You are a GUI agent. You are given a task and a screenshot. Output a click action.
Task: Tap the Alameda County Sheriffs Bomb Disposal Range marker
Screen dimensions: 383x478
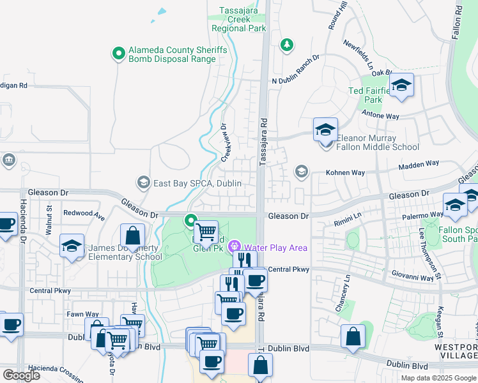coord(118,54)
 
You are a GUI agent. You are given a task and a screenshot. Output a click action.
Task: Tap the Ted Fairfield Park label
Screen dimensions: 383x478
coord(373,95)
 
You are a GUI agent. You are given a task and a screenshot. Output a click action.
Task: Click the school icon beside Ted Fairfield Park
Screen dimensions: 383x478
coord(401,86)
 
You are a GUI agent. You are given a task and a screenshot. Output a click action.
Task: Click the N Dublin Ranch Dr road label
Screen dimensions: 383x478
coord(295,80)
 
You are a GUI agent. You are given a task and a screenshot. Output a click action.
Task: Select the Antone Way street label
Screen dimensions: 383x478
coord(381,116)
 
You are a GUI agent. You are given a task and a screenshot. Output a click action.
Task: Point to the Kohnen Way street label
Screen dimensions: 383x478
coord(345,172)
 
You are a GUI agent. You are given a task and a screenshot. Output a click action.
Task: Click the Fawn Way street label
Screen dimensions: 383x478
coord(82,314)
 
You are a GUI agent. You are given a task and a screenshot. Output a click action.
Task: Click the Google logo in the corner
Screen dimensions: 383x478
coord(21,375)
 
